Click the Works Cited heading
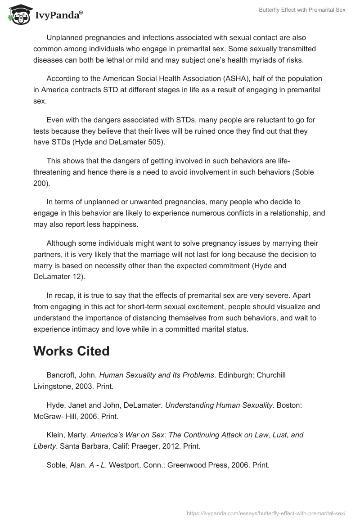pos(71,351)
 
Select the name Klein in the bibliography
pos(55,435)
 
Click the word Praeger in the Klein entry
pos(144,446)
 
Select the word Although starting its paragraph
pos(62,243)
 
